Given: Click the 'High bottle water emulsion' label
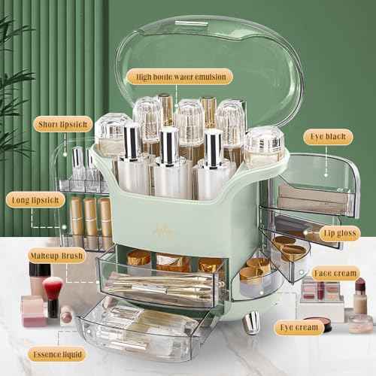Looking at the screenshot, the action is coord(180,77).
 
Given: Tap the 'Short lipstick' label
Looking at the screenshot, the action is coord(62,124).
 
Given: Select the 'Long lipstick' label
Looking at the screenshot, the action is coord(35,200).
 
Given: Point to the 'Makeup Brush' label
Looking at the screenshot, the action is coord(56,256).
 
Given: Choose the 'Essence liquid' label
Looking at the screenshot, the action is coord(57,354).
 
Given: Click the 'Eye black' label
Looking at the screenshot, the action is coord(328,137).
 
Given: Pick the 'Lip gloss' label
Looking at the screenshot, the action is coord(340,233).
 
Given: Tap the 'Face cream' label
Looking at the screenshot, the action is coord(335,273).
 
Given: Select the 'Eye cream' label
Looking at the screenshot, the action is coord(299,327).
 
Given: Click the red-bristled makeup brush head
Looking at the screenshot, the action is coord(53,288).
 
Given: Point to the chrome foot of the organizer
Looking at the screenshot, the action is coord(251,323).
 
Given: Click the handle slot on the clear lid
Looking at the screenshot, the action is coord(192,23).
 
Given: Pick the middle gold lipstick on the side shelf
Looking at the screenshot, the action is coord(90,220).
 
